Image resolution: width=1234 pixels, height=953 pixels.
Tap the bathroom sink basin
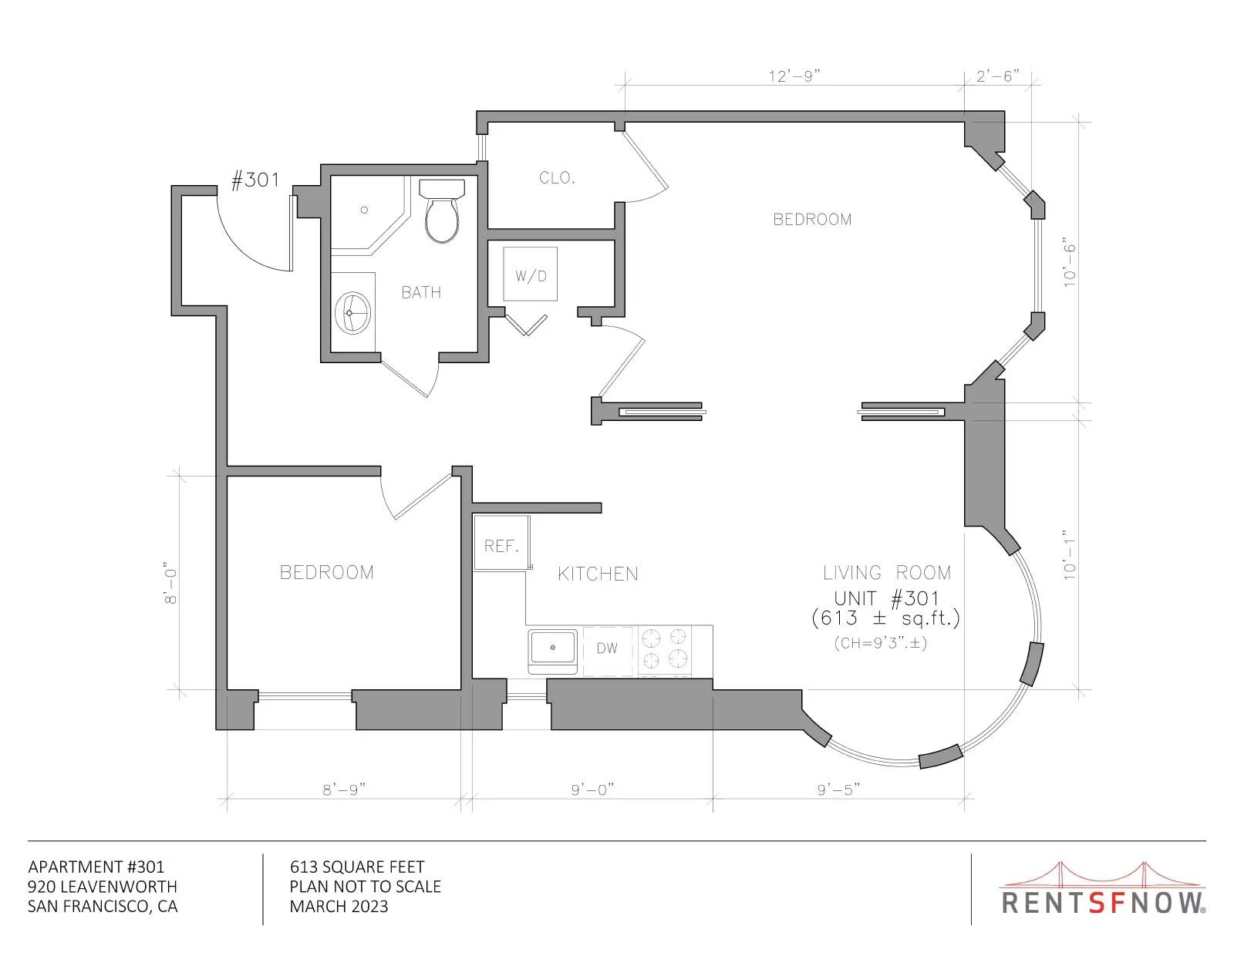[352, 313]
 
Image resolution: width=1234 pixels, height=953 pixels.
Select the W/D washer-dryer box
[530, 274]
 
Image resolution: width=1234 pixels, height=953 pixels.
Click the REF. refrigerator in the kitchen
[502, 543]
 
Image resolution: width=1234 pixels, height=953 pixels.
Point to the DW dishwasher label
[607, 648]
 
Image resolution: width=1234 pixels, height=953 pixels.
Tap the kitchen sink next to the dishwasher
[552, 651]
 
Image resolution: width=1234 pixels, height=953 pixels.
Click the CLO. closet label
[557, 177]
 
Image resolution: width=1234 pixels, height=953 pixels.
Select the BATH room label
[421, 292]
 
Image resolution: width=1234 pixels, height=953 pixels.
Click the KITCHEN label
[598, 574]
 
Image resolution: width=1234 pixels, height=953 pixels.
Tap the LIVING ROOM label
[887, 573]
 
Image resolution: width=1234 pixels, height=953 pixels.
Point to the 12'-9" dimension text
[794, 76]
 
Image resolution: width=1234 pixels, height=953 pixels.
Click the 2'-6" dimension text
[998, 76]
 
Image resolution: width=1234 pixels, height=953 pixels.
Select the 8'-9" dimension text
[344, 790]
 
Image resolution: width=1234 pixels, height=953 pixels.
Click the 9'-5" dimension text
[839, 790]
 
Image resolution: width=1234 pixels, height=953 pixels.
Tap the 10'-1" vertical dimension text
[1069, 555]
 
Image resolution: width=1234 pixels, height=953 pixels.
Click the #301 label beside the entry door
[255, 180]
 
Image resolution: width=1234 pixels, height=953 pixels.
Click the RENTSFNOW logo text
[1102, 903]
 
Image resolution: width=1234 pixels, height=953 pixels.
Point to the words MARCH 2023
[339, 907]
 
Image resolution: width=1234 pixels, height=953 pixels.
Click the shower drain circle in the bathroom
[364, 210]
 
